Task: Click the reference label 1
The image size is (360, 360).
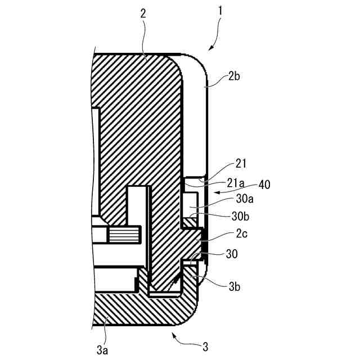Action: click(220, 10)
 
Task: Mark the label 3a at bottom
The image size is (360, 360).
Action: click(102, 350)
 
